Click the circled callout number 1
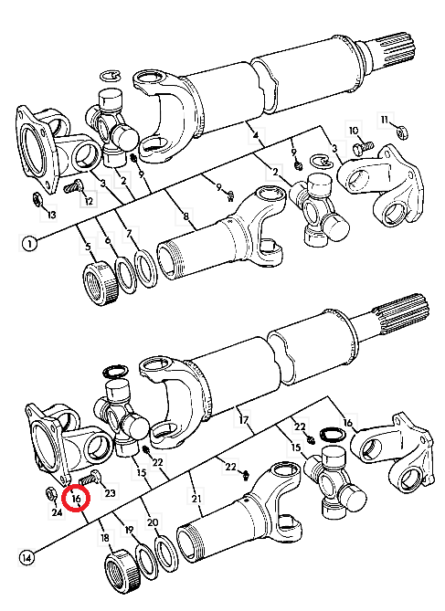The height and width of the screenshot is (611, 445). pos(29,244)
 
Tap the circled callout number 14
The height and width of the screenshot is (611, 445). pos(26,558)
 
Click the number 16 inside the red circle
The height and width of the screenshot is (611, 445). pos(76,498)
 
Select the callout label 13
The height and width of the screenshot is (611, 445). pos(51,215)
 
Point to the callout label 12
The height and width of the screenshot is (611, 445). pos(89,201)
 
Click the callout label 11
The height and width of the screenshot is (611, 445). pos(385,120)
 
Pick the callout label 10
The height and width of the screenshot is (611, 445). pos(353,131)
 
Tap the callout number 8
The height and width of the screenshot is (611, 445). pos(185,216)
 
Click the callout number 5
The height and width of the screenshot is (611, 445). pos(88,247)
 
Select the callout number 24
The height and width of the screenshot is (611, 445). pos(57,511)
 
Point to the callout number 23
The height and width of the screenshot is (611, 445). pos(110,493)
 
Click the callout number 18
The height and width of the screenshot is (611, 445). pos(104,538)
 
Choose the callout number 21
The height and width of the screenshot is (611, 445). pos(196,499)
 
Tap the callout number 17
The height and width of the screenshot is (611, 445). pos(244,420)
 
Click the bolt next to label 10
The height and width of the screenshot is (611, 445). pos(363,148)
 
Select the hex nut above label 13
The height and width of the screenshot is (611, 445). pos(37,199)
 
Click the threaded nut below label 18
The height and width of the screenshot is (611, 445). pos(122,570)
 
